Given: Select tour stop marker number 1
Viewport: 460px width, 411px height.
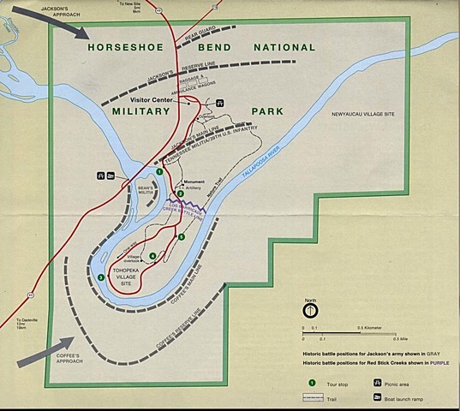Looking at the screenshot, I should pos(159,172).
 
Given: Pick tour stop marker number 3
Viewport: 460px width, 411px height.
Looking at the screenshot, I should pos(101,277).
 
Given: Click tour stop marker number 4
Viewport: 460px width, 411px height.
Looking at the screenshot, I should pos(152,256).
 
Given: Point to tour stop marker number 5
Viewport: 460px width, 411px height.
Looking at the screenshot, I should pos(181,236).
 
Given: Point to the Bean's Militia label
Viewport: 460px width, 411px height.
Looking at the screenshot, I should pos(139,188).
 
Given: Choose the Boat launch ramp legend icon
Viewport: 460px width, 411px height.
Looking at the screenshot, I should pos(378,397).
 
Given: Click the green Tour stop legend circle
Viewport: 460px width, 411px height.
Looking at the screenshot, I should pos(313,383).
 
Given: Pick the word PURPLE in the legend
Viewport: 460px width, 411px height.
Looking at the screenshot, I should pos(434,361).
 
